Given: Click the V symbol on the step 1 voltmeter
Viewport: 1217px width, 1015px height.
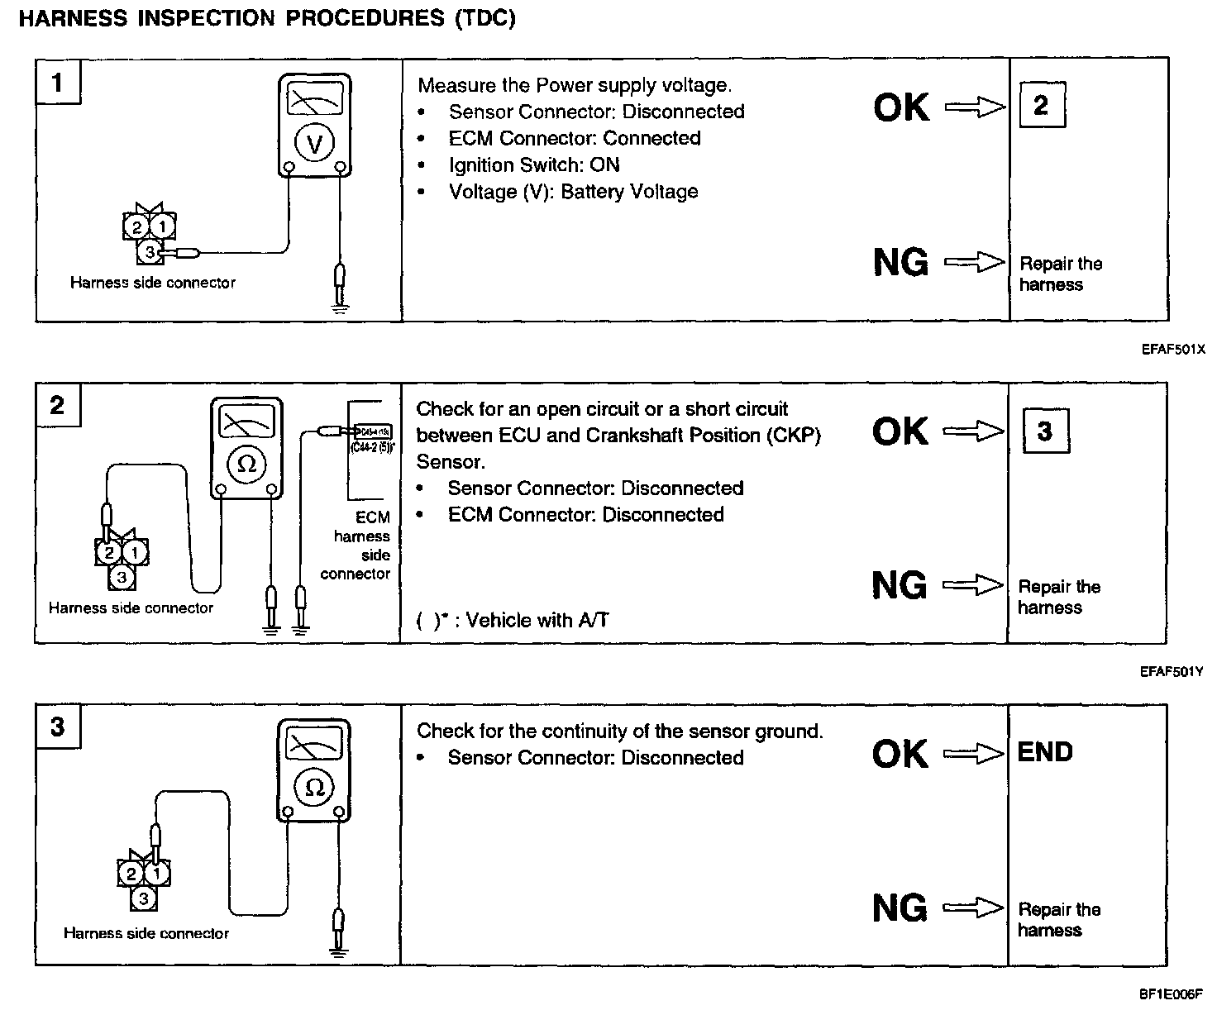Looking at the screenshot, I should coord(314,144).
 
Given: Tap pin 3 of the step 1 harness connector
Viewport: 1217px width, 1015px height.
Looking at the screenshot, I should coord(150,251).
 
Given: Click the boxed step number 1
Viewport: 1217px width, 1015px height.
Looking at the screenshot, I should coord(57,83).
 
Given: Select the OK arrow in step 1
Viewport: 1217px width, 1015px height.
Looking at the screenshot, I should coord(975,107).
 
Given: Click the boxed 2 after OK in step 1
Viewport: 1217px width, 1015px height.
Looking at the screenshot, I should coord(1041,105).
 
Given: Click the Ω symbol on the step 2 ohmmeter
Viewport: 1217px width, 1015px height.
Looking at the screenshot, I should coord(246,465).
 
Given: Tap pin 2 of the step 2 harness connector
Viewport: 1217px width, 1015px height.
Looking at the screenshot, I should coord(108,552).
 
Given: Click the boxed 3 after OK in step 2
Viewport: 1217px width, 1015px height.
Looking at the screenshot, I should coord(1045,431).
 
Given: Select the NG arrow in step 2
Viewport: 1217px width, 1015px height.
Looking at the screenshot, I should coord(973,586).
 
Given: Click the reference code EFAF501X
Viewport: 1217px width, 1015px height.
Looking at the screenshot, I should coord(1173,350).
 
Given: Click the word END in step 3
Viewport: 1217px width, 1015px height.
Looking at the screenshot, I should coord(1045,752).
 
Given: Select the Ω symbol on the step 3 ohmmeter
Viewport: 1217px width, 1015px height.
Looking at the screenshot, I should coord(314,786).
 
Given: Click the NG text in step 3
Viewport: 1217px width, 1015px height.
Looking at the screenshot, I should coord(900,908).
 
